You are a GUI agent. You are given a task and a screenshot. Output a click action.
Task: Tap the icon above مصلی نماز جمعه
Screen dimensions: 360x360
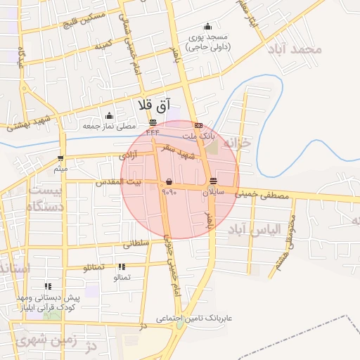pyautogui.click(x=108, y=116)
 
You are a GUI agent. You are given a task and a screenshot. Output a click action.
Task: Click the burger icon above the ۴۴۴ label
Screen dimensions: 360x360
pyautogui.click(x=153, y=122)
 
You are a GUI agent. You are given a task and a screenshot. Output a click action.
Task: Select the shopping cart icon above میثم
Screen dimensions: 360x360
pyautogui.click(x=61, y=158)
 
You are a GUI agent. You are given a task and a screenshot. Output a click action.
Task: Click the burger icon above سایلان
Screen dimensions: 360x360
pyautogui.click(x=213, y=180)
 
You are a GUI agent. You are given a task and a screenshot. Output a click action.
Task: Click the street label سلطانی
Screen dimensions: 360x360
pyautogui.click(x=136, y=245)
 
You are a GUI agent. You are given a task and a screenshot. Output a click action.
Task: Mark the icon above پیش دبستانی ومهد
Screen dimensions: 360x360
pyautogui.click(x=48, y=286)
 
